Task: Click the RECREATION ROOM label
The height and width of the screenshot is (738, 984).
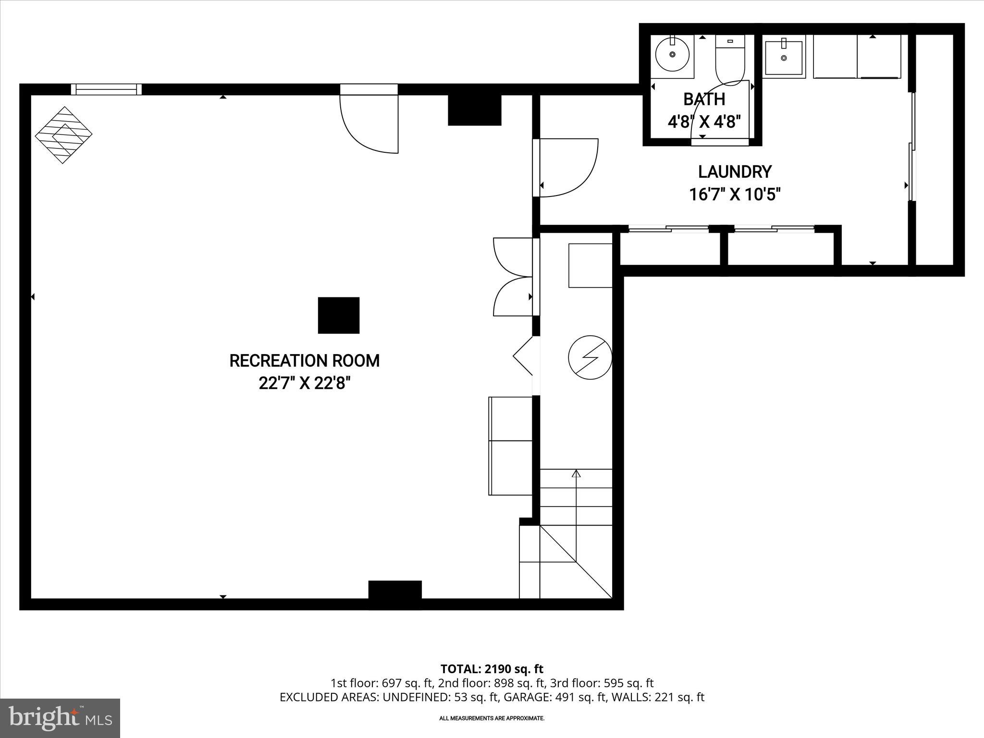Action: (x=304, y=361)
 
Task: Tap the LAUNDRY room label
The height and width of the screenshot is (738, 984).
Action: (x=735, y=172)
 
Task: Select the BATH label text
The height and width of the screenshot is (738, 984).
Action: (x=704, y=99)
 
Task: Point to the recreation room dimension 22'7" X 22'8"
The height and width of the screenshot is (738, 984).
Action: (x=304, y=383)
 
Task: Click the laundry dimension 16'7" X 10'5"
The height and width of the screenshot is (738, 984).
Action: (x=735, y=195)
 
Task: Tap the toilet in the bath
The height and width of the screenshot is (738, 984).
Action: (x=730, y=60)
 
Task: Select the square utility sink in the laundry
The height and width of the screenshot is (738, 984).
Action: (x=784, y=58)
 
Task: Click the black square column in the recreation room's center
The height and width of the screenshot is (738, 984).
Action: (x=339, y=315)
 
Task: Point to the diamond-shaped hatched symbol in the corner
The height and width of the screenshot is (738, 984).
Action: (x=63, y=135)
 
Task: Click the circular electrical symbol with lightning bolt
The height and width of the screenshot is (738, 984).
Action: (x=590, y=357)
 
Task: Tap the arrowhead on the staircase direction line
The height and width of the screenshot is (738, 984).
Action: (x=576, y=474)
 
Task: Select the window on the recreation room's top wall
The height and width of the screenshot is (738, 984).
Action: (x=106, y=89)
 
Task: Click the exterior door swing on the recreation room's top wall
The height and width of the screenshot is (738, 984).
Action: (x=369, y=123)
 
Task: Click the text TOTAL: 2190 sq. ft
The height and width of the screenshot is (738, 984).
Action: (x=492, y=669)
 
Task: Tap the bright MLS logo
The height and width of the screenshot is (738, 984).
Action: (x=60, y=718)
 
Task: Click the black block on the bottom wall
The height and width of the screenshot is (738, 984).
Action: (x=395, y=590)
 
